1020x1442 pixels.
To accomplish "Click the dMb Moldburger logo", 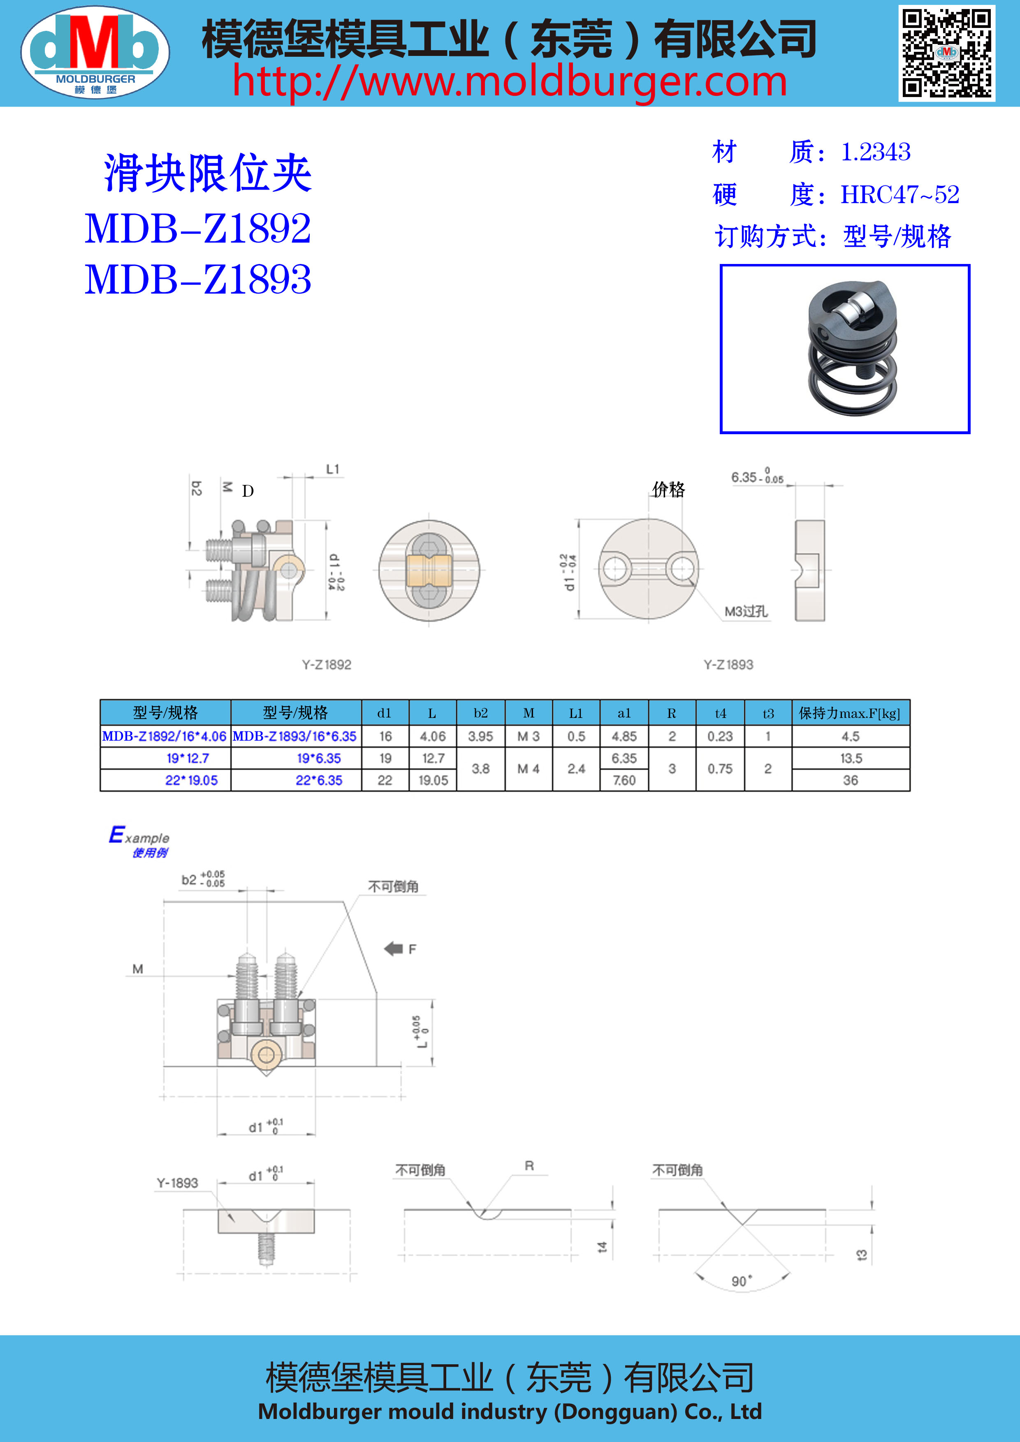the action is pos(95,52).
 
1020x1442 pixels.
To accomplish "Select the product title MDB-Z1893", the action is pos(198,280).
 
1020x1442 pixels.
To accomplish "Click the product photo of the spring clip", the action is pos(845,349).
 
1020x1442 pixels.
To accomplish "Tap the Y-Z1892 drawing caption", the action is pos(327,664).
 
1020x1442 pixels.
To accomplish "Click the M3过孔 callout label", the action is pos(746,611).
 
